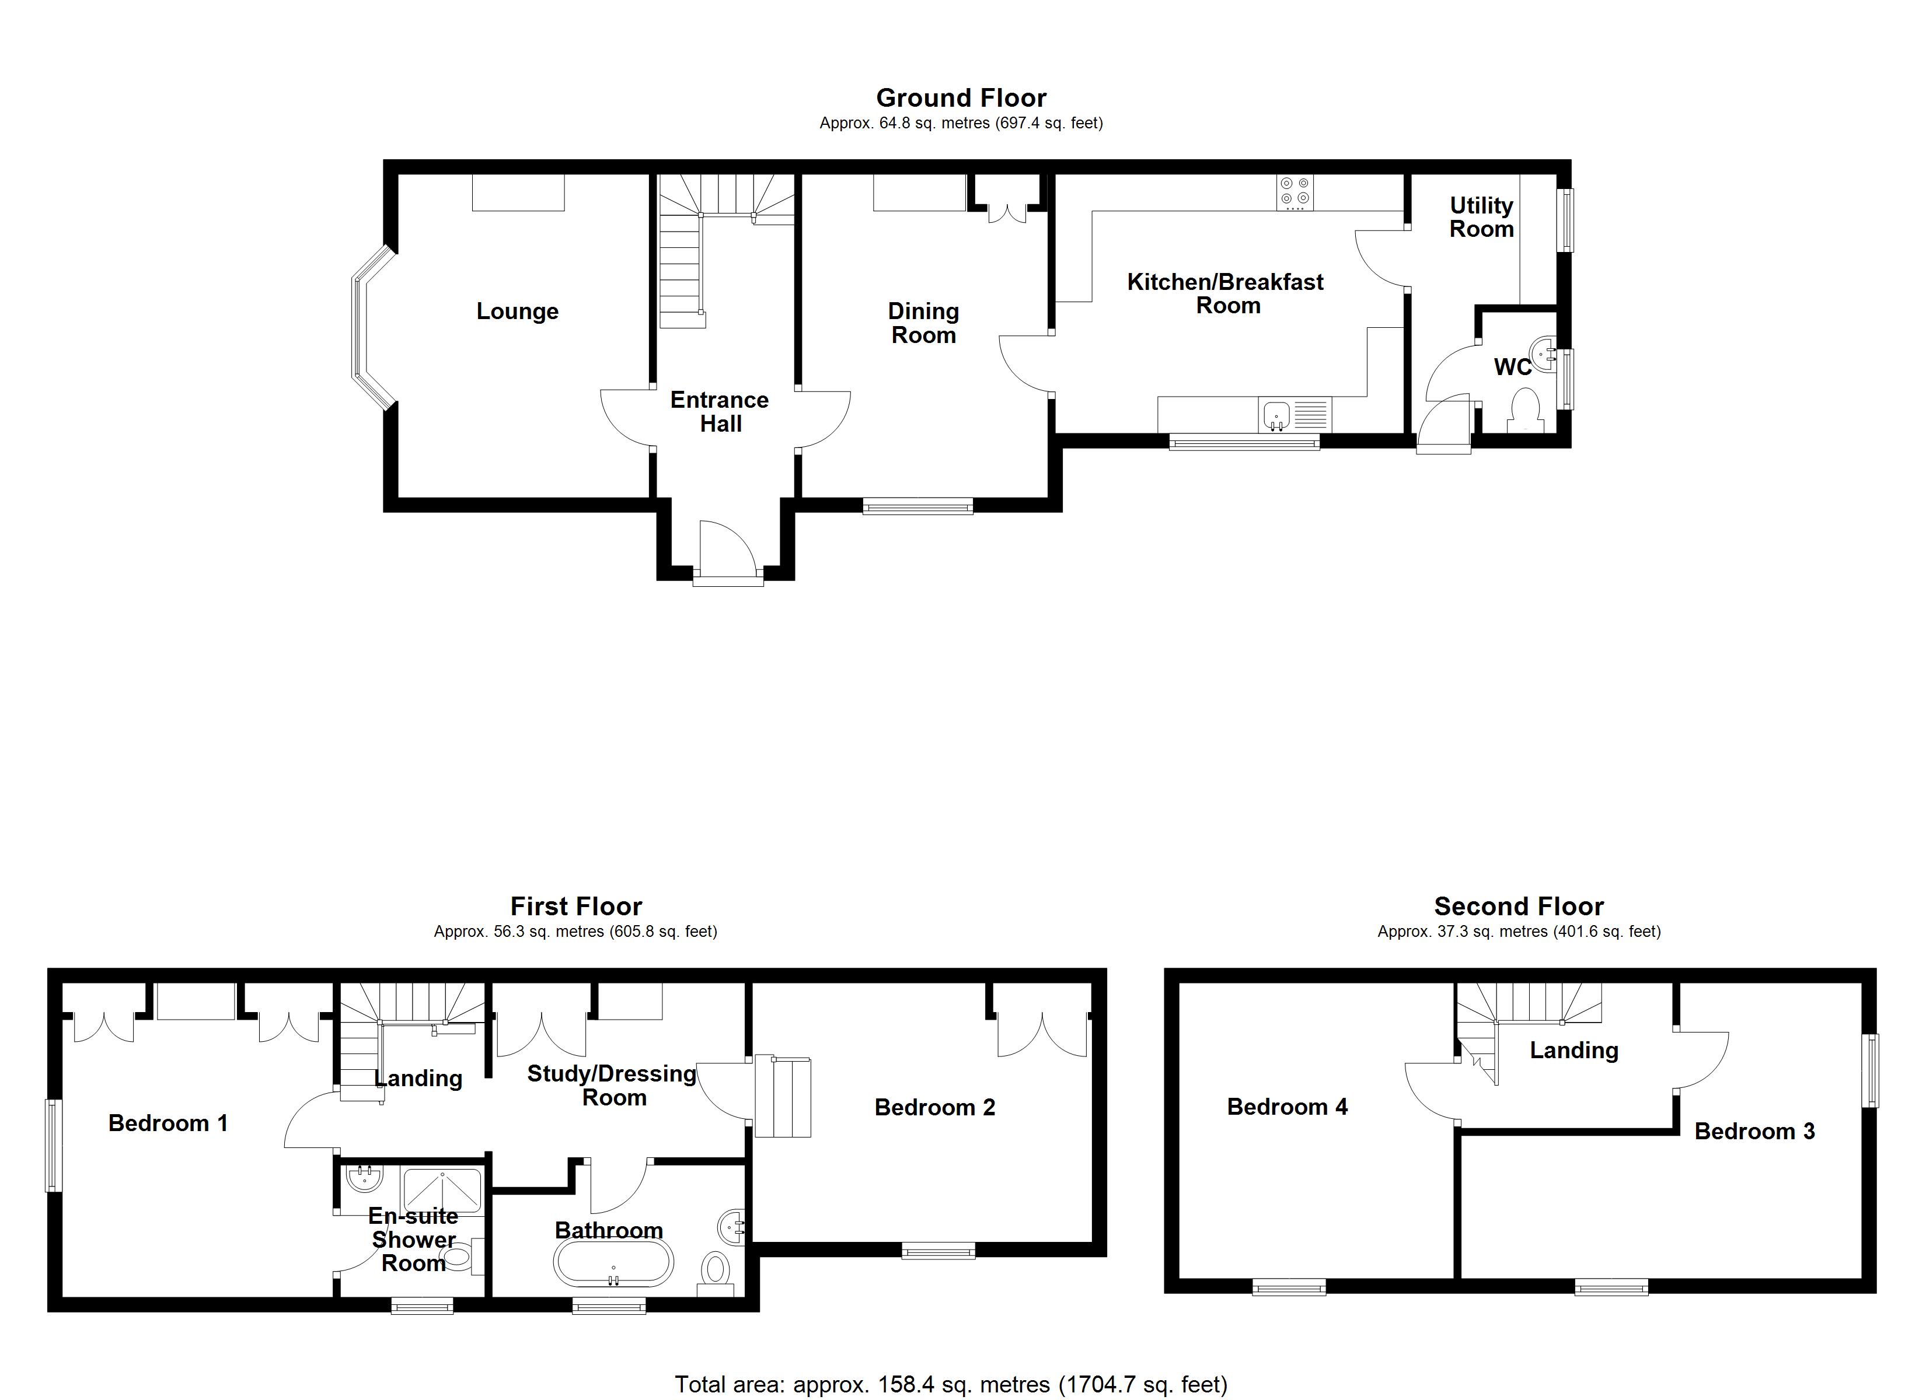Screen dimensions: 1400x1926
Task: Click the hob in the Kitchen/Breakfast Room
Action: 1294,192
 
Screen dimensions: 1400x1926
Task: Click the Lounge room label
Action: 517,311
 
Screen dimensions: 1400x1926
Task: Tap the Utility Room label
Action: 1481,218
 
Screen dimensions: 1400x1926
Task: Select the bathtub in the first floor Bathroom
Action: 613,1262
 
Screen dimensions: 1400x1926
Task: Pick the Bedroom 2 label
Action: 934,1107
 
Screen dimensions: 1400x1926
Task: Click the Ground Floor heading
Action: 961,97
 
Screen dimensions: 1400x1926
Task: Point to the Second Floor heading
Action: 1519,906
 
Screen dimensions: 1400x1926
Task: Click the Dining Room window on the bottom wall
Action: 918,507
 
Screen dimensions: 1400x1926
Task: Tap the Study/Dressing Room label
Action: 612,1085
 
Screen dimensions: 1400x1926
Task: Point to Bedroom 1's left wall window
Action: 54,1145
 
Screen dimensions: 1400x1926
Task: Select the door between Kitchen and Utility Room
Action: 1380,259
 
